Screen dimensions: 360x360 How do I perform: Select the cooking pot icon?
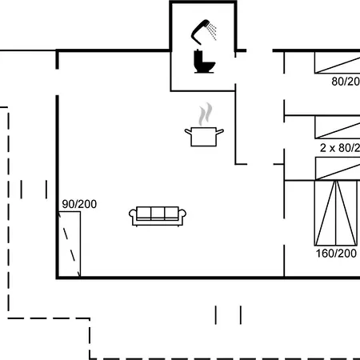click(204, 135)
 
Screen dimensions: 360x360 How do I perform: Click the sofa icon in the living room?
click(158, 215)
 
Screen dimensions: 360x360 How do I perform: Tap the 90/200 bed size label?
click(78, 205)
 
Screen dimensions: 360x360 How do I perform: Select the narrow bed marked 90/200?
click(71, 245)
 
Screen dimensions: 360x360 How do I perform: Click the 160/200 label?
click(336, 253)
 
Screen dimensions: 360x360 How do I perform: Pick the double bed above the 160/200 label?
click(335, 212)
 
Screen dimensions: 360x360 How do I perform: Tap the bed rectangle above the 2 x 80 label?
click(337, 127)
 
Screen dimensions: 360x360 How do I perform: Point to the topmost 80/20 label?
click(345, 81)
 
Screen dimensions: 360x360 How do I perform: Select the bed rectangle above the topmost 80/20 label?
click(337, 62)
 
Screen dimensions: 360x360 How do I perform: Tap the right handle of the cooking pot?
click(220, 130)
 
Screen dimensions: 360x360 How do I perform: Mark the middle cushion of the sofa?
click(158, 214)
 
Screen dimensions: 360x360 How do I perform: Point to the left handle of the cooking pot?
click(187, 130)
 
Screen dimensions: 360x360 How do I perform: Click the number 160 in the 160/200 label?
click(325, 253)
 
